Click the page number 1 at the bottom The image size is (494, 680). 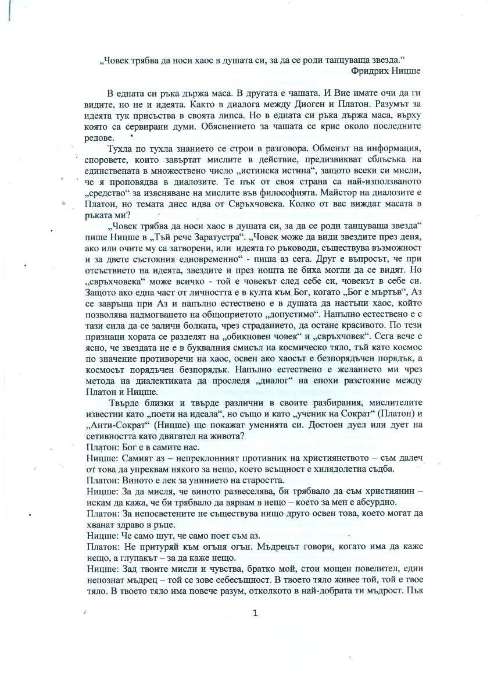pyautogui.click(x=255, y=613)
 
